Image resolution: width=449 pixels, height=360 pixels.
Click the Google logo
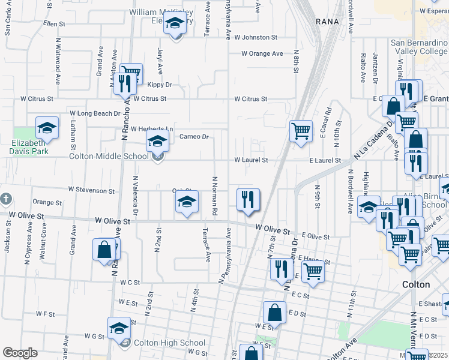[20, 353]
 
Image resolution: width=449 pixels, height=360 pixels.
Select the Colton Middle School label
[109, 157]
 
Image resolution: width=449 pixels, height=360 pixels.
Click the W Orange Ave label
[262, 53]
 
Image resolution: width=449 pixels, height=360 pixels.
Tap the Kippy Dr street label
[159, 85]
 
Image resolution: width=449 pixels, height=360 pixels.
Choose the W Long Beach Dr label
[95, 113]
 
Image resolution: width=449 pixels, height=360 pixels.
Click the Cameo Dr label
[194, 137]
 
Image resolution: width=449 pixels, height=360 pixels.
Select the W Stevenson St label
[91, 191]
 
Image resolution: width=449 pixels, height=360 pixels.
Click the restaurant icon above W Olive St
[248, 199]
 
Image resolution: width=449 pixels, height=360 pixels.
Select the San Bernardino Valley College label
[419, 47]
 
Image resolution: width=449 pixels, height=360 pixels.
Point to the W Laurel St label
[251, 160]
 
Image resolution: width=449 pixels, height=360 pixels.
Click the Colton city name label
[416, 284]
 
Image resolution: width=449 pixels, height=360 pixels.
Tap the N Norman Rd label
[214, 196]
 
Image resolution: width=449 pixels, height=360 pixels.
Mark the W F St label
[45, 314]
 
